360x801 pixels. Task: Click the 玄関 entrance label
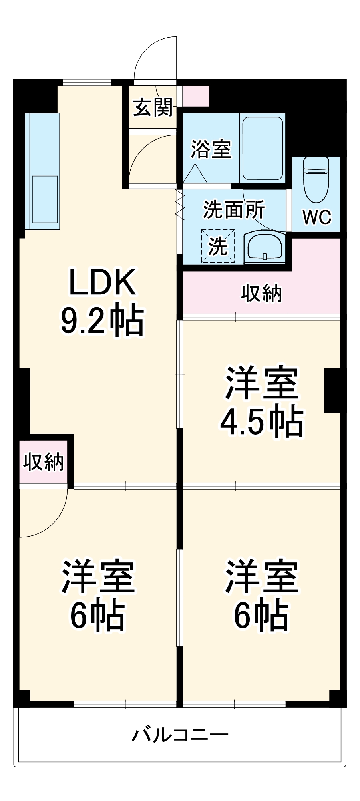[x=153, y=107]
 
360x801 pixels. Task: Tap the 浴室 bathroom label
[x=211, y=149]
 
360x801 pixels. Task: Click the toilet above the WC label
[x=316, y=180]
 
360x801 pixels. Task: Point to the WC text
[x=316, y=217]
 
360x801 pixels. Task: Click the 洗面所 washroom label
[x=234, y=209]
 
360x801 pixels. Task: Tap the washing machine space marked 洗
[x=218, y=246]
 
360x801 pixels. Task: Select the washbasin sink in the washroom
[x=264, y=247]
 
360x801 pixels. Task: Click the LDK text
[x=103, y=282]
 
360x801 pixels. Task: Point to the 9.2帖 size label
[x=103, y=320]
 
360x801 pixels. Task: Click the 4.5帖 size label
[x=261, y=421]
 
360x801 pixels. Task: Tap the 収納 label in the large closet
[x=261, y=294]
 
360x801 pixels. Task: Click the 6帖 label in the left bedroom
[x=98, y=616]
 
